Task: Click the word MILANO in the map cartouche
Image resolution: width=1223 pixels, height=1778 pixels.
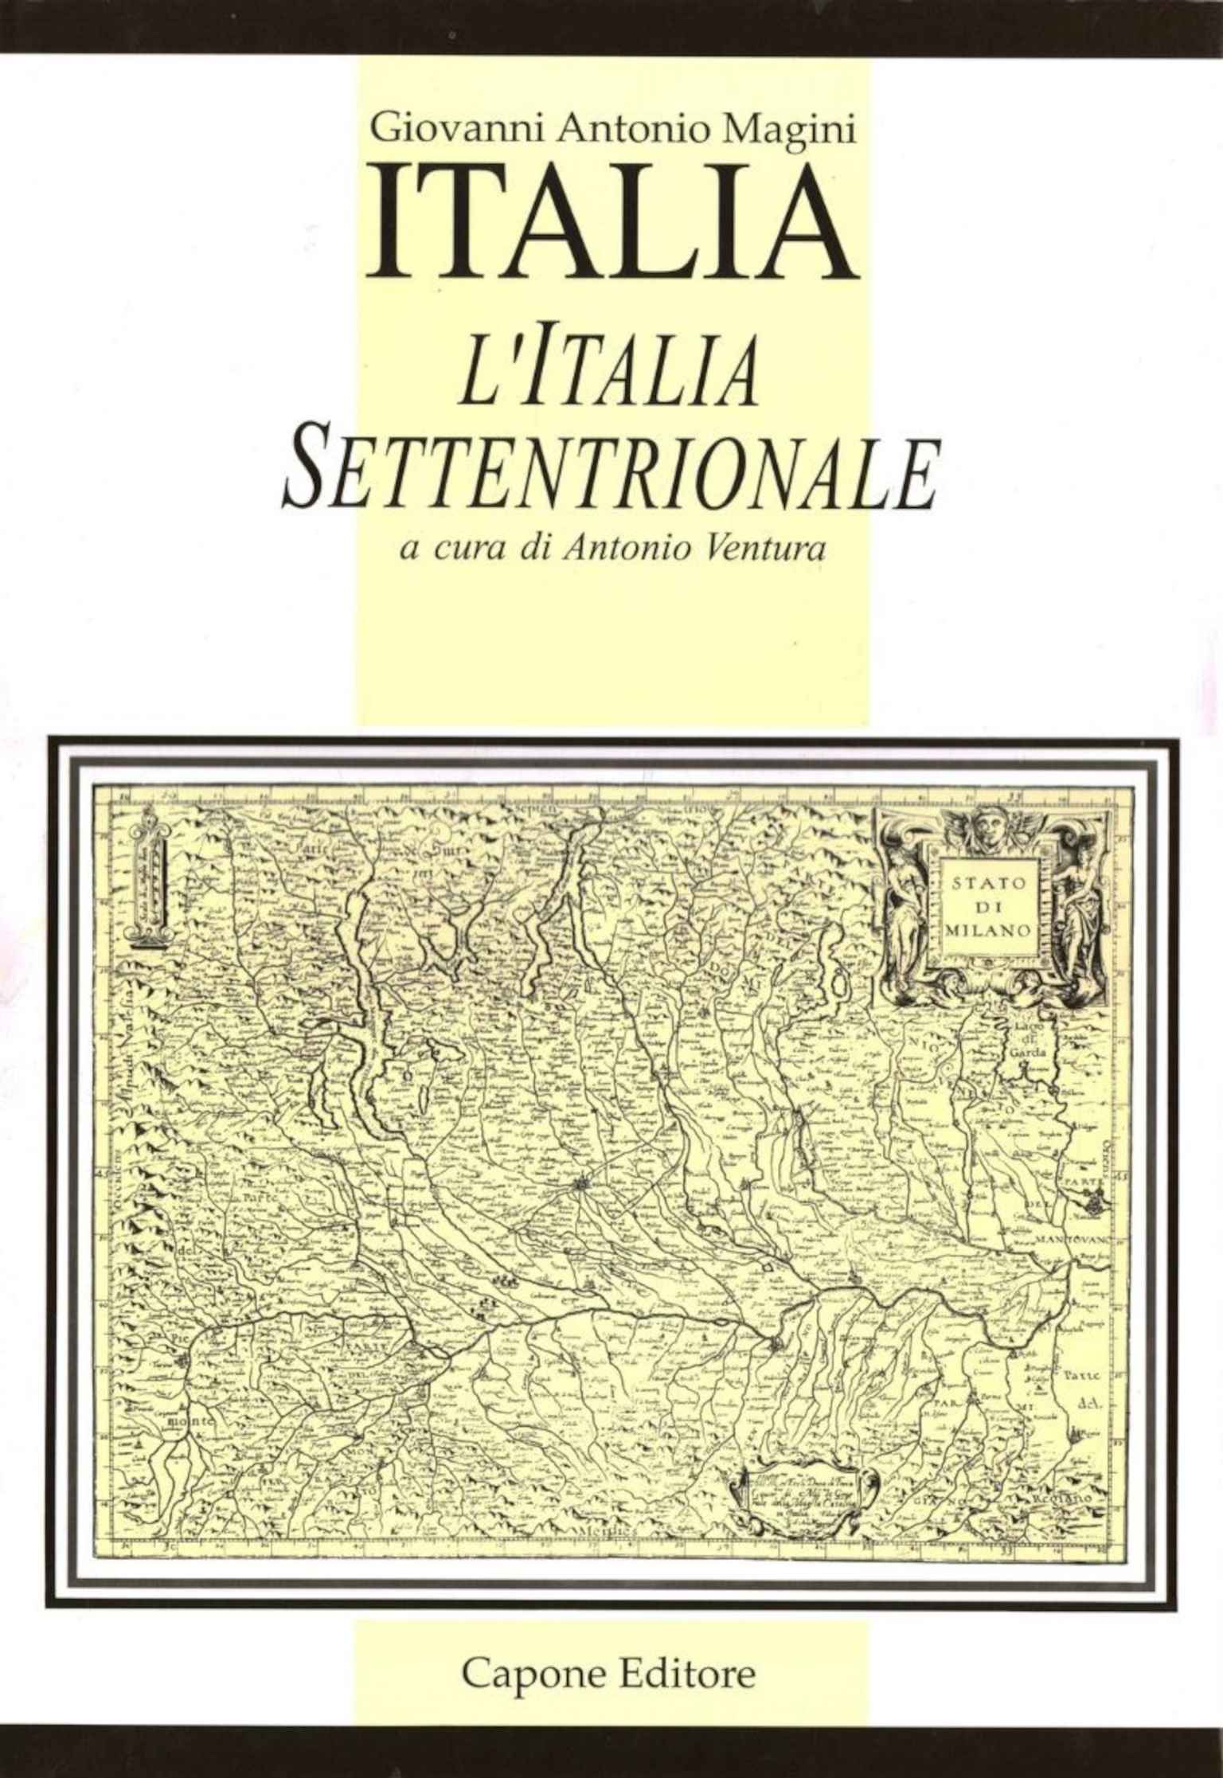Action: (991, 928)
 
